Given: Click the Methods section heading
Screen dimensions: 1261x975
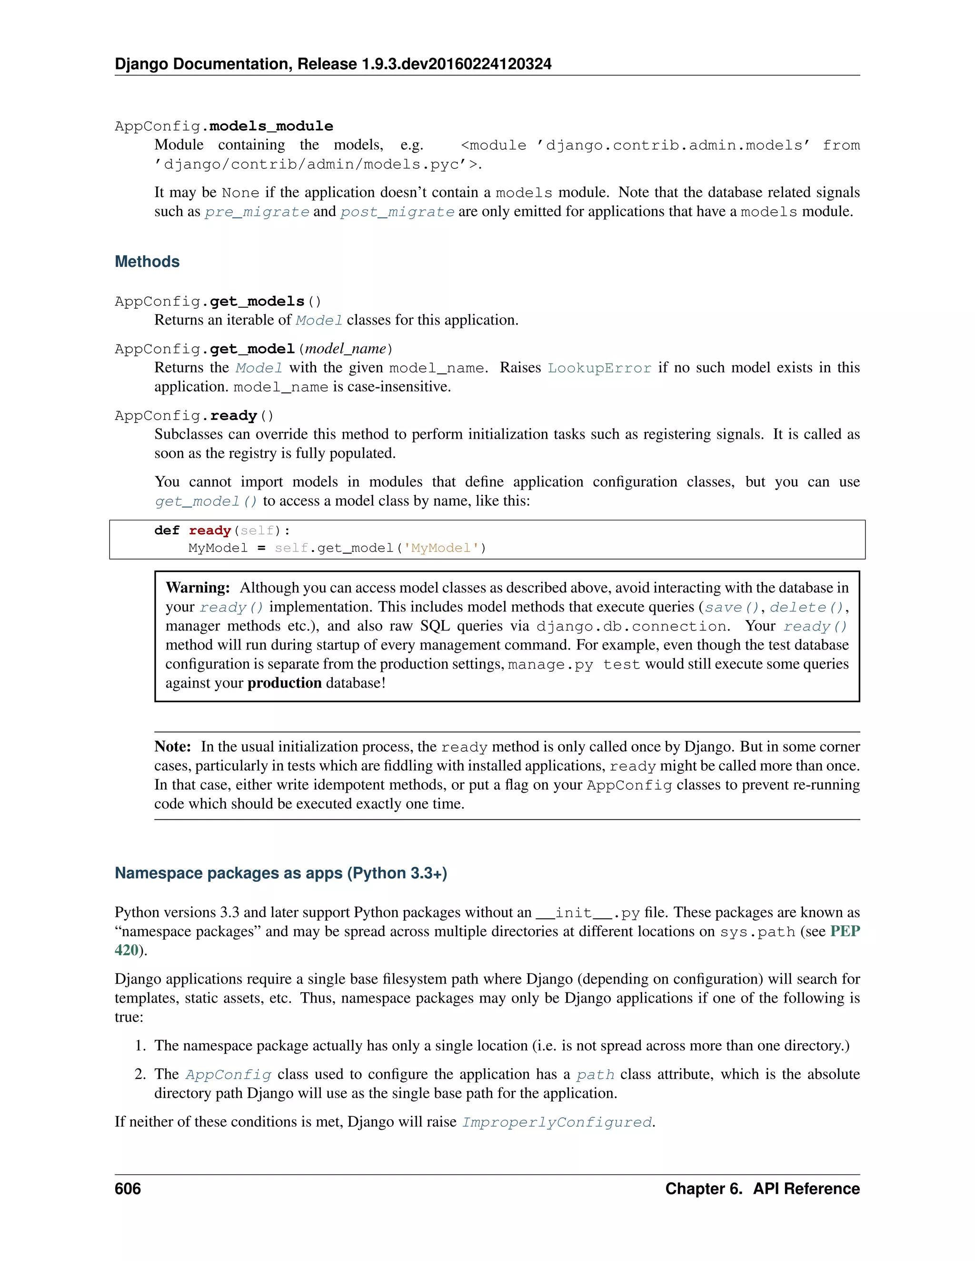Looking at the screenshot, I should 147,262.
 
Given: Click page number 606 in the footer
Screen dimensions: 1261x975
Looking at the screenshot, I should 128,1188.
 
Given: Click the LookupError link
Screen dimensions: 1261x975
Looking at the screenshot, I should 599,368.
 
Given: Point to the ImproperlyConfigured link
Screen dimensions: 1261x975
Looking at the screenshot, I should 557,1122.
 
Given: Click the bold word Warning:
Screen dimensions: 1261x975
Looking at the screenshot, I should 198,588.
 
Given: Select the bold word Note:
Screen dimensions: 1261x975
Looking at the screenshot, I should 172,747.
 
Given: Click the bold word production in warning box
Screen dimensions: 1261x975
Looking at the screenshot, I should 284,683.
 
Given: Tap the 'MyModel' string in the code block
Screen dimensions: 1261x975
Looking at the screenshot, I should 441,548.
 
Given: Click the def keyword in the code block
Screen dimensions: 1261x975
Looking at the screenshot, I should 167,530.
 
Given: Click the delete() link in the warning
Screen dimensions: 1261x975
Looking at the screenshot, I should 806,607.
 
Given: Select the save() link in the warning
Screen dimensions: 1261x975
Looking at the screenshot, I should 731,607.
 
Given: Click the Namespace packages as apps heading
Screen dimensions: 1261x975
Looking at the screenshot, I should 281,873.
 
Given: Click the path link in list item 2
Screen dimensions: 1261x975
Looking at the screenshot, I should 595,1074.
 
